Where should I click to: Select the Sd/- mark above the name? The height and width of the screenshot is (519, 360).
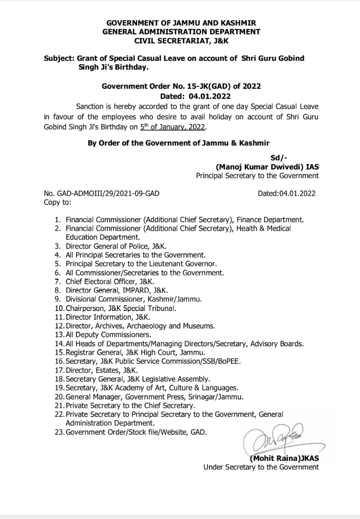[279, 158]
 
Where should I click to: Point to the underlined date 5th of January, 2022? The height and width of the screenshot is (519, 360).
[173, 127]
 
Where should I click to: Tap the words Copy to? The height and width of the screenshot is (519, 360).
[57, 202]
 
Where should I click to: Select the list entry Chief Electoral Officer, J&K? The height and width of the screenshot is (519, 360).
[109, 281]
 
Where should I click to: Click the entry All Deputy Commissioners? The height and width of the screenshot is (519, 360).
[108, 335]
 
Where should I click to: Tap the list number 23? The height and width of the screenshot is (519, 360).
[59, 432]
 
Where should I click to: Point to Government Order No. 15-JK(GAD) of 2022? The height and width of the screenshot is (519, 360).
[181, 86]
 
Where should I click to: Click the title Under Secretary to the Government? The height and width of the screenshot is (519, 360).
[261, 467]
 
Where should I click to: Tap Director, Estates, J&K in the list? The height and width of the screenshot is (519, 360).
[101, 370]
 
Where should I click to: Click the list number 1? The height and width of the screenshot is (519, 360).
[58, 220]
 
